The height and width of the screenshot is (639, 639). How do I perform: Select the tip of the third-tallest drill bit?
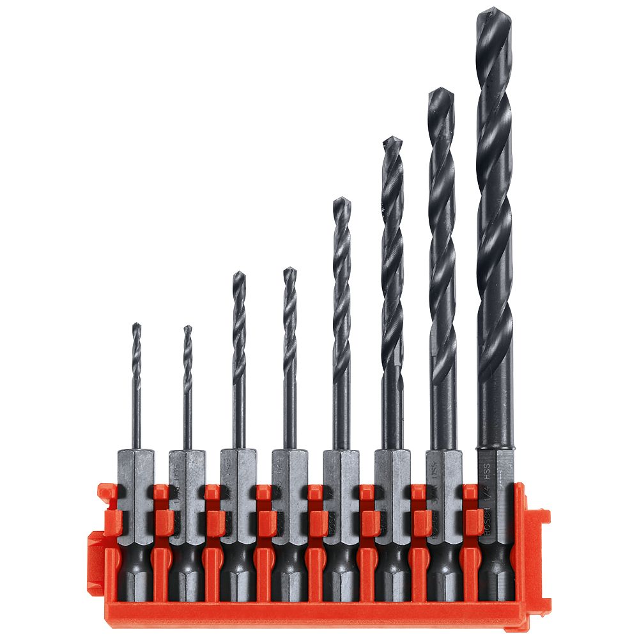392,138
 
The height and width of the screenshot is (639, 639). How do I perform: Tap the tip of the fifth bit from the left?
342,199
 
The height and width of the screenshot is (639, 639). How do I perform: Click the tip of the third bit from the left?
238,273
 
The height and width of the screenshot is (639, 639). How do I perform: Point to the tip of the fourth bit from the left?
290,269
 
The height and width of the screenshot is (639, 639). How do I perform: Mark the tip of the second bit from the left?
187,328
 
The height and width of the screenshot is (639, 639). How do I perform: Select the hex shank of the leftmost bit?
136,473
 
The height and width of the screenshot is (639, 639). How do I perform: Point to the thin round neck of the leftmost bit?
136,415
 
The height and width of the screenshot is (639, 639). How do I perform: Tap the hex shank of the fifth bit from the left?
341,473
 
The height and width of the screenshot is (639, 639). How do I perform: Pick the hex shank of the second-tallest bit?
443,473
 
